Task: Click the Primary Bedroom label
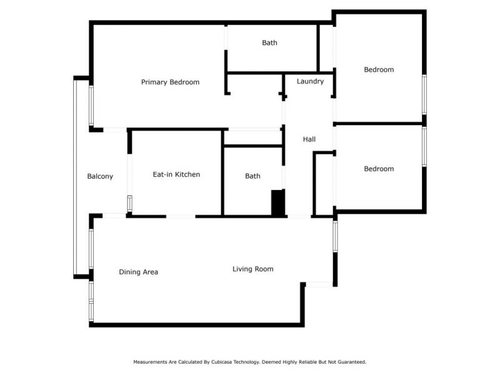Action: click(x=170, y=82)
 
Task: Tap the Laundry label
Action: click(x=310, y=81)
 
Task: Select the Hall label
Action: click(x=309, y=139)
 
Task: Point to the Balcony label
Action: click(x=100, y=176)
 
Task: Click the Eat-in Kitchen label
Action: click(x=176, y=174)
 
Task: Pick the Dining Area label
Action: click(x=138, y=272)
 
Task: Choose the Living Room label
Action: click(x=253, y=269)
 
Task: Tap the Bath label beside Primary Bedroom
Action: click(x=269, y=42)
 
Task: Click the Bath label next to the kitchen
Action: click(x=252, y=176)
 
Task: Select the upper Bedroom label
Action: click(x=379, y=69)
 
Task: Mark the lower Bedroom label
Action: click(x=379, y=169)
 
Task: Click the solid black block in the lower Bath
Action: click(x=277, y=202)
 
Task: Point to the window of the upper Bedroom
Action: click(x=424, y=94)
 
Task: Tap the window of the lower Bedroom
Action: click(x=424, y=147)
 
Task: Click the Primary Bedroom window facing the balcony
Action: click(x=91, y=106)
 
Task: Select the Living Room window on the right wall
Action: click(x=335, y=236)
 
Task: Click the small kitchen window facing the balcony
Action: click(x=130, y=204)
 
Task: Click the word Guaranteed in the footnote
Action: click(x=352, y=362)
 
